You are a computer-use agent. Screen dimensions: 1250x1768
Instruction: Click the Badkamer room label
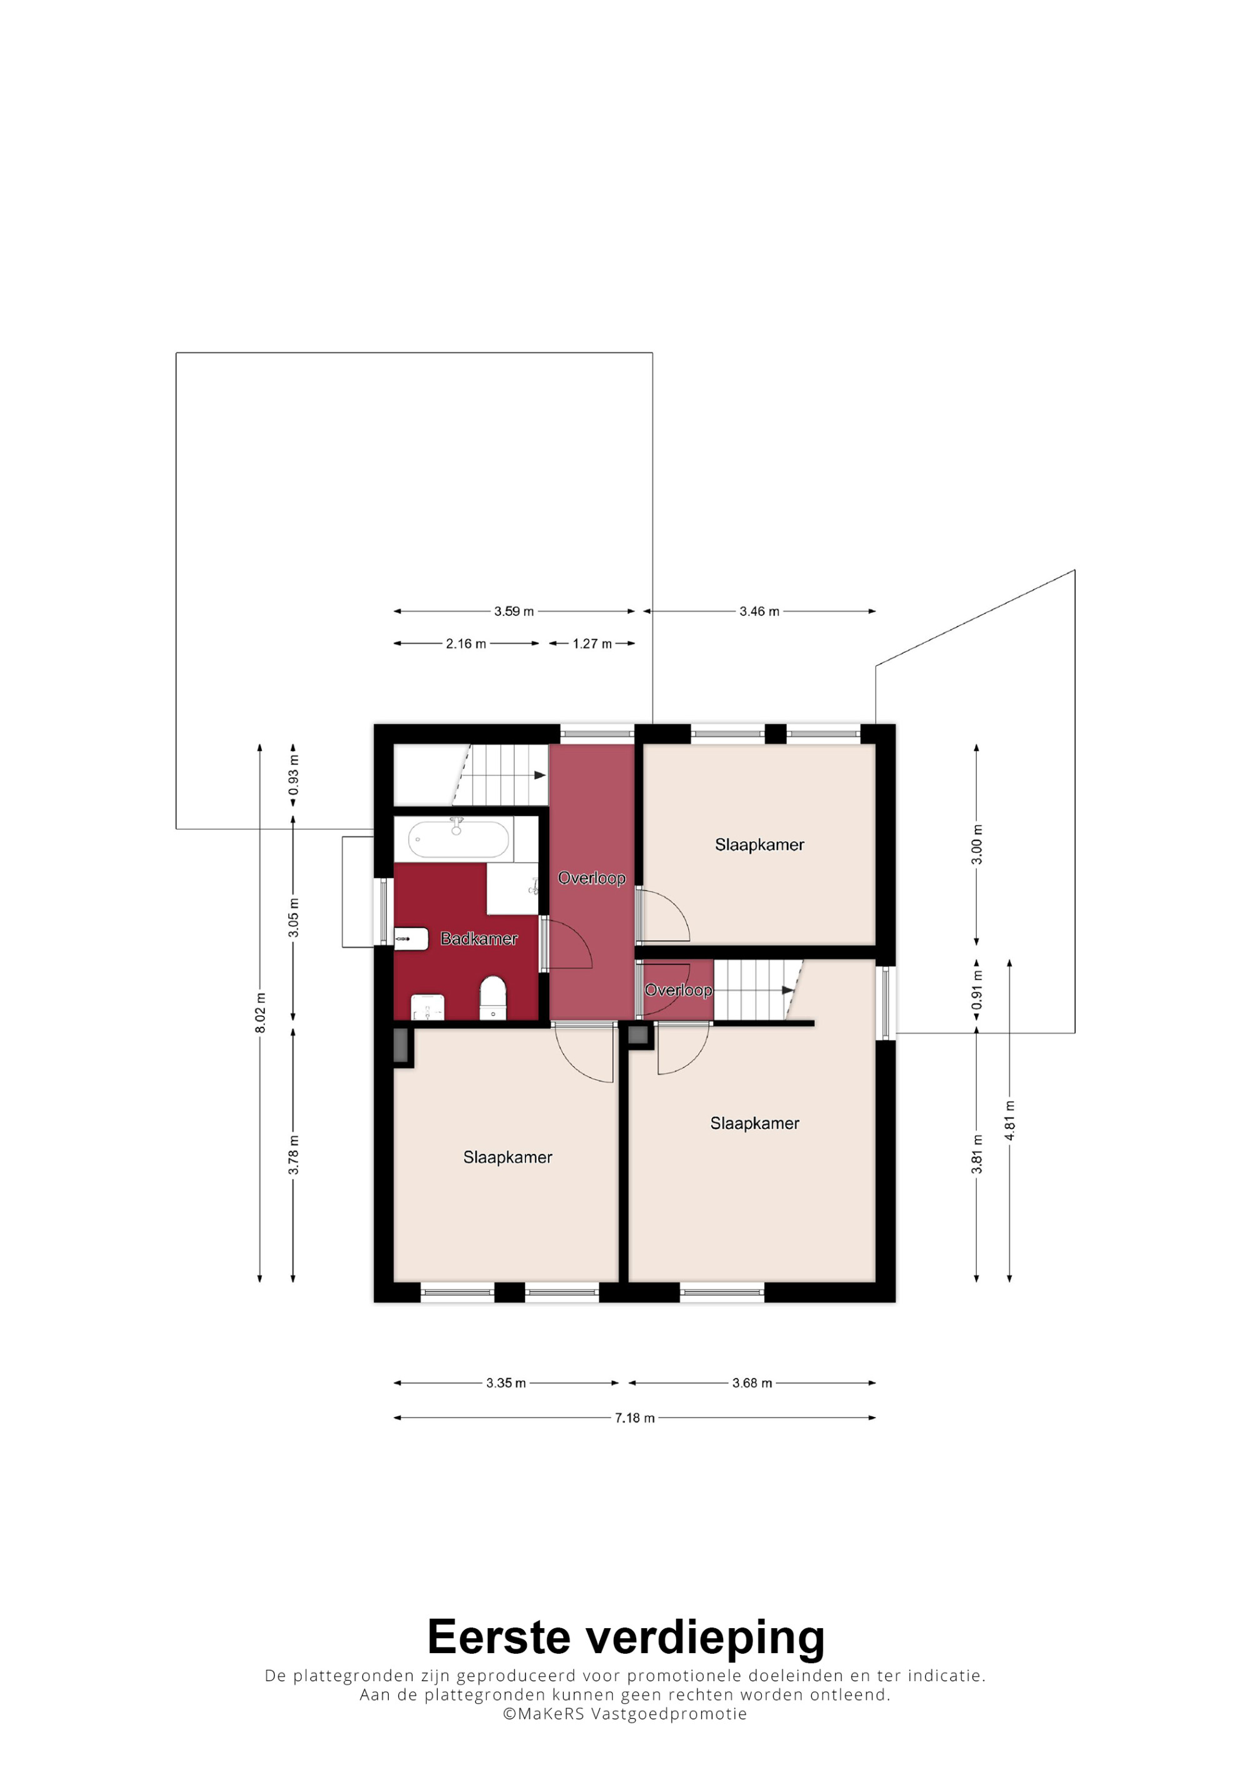point(478,939)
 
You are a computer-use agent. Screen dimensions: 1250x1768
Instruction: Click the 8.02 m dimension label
point(261,1013)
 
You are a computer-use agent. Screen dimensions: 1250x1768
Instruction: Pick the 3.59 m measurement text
point(514,612)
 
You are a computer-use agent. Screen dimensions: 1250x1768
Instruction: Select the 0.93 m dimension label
point(294,775)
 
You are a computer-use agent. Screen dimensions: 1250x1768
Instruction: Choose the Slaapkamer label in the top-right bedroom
point(759,845)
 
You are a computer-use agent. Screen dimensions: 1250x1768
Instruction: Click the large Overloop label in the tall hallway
point(591,878)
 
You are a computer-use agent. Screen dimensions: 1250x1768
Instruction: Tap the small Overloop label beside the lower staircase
point(679,990)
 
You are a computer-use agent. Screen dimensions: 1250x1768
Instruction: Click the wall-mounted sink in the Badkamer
point(411,940)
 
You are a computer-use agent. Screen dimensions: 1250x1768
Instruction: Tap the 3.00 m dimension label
point(977,844)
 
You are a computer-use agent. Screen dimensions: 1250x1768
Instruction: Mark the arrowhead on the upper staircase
point(540,775)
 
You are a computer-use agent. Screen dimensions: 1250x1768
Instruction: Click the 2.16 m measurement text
point(466,643)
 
